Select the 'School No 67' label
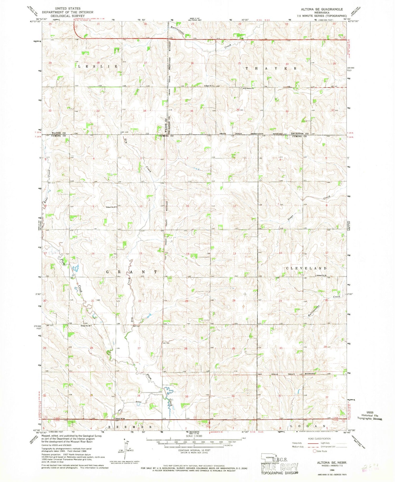pyautogui.click(x=111, y=207)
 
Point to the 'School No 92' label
pyautogui.click(x=322, y=275)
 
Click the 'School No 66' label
pyautogui.click(x=86, y=326)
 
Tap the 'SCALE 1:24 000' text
pyautogui.click(x=194, y=436)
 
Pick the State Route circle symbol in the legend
pyautogui.click(x=314, y=451)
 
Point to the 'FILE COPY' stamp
pyautogui.click(x=280, y=467)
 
